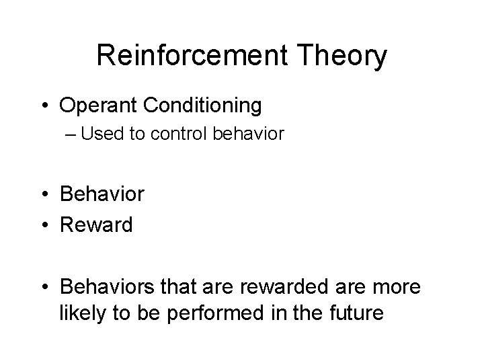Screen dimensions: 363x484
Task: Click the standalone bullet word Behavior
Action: pos(102,194)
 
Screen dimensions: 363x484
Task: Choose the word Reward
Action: pos(96,224)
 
